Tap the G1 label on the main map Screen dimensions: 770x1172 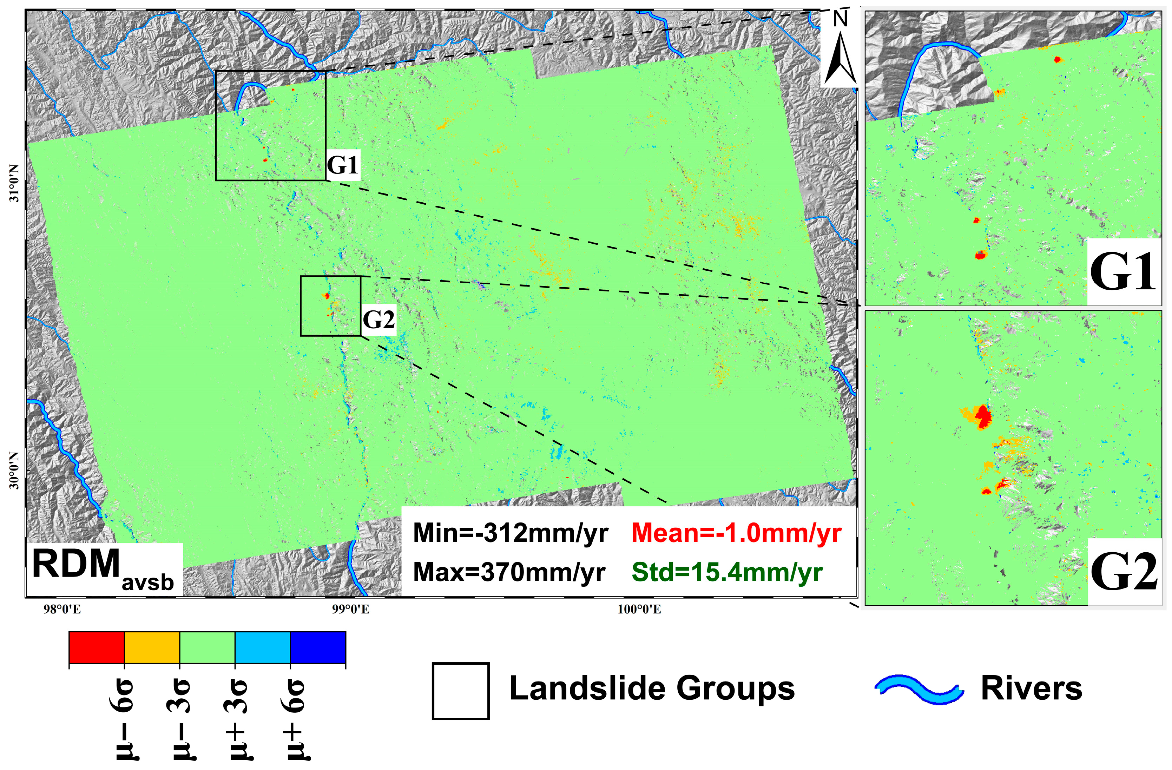tap(343, 165)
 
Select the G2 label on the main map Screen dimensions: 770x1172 tap(378, 320)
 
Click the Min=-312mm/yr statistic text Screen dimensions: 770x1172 tap(510, 533)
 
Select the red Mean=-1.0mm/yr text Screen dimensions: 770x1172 tap(736, 533)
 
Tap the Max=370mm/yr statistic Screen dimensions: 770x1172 tap(509, 572)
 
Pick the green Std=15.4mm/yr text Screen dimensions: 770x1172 tap(727, 572)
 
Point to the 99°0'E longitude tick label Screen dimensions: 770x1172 tap(351, 610)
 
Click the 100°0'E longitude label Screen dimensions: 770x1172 tap(639, 610)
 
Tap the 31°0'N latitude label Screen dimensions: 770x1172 tap(15, 183)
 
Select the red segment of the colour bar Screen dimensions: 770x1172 tap(97, 647)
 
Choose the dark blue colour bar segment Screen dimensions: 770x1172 tap(318, 647)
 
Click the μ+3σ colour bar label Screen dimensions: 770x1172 tap(235, 719)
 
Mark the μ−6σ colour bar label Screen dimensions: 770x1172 tap(124, 719)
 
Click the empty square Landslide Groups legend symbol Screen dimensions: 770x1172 tap(460, 691)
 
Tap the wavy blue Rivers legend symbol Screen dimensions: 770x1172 tap(919, 689)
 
